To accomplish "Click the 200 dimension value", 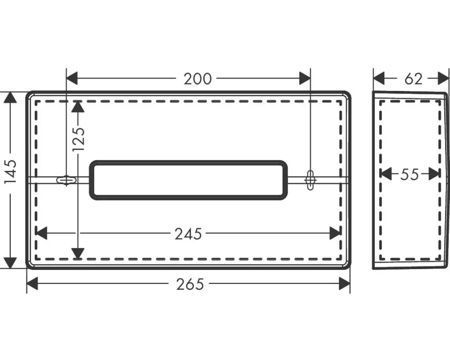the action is tap(198, 79).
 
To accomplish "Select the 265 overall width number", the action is tap(190, 284).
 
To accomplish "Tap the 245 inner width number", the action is tap(189, 234).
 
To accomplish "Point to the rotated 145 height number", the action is tap(11, 173).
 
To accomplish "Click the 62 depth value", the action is tap(414, 79).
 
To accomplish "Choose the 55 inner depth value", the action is tap(409, 174).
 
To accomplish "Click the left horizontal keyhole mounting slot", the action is tap(67, 180).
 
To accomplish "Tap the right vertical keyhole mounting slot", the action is tap(310, 180).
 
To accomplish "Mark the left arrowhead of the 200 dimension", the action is tap(72, 78).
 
